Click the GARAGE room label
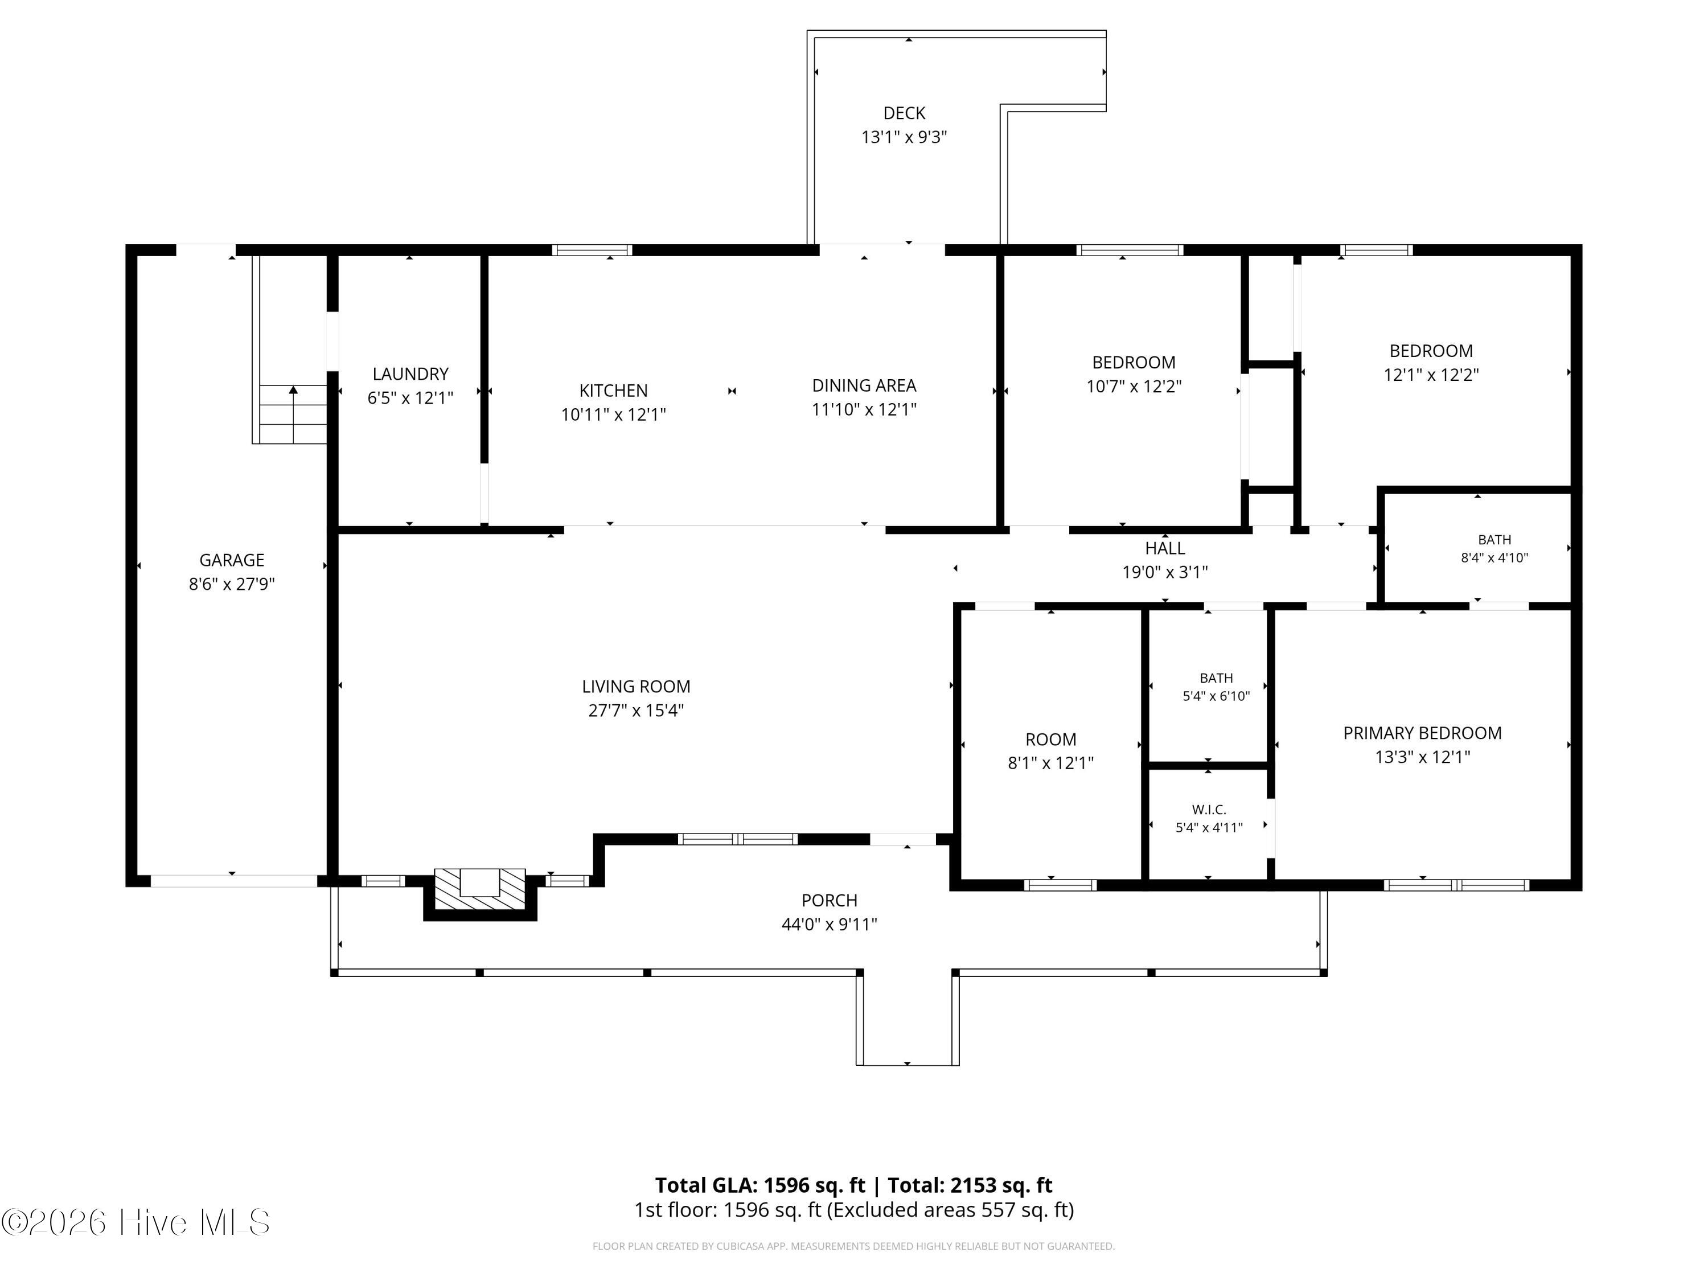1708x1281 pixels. (232, 560)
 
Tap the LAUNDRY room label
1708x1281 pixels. (410, 373)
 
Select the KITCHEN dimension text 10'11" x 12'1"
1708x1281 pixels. (613, 414)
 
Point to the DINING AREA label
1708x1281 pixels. (864, 385)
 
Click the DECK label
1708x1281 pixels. (904, 113)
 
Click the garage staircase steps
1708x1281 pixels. (293, 414)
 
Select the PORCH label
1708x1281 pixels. (830, 900)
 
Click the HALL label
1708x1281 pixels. (1164, 548)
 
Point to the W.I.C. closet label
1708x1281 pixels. (1209, 809)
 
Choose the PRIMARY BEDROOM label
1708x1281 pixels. (1422, 733)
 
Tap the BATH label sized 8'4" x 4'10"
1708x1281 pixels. (1494, 540)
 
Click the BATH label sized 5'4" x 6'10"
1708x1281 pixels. (1216, 678)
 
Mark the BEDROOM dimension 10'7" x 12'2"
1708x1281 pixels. (1134, 387)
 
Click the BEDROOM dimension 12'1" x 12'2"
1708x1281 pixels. (1431, 375)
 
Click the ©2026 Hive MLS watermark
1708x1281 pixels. (136, 1222)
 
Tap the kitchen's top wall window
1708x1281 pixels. (592, 249)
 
